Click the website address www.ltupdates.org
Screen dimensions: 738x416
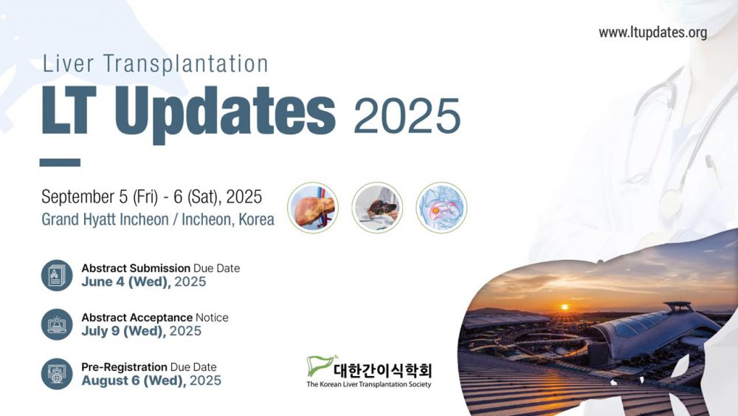point(653,33)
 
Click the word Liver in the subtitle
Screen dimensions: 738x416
point(68,64)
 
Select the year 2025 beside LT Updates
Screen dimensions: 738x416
point(407,116)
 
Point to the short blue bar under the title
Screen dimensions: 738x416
point(60,163)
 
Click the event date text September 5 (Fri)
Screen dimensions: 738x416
point(100,197)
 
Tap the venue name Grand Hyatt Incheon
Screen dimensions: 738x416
point(105,219)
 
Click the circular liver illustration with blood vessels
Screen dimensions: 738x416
point(313,208)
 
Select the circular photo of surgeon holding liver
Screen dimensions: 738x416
point(377,208)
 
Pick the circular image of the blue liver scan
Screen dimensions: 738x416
point(441,208)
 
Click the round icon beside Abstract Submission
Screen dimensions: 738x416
point(57,275)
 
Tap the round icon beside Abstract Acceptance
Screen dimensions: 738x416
point(57,324)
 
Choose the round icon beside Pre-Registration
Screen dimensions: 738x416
point(57,374)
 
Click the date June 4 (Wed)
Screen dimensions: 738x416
point(126,282)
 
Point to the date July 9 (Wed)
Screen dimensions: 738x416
point(124,331)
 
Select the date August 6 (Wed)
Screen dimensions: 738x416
point(134,381)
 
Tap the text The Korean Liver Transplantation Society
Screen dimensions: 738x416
point(369,384)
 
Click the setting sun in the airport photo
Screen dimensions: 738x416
point(565,307)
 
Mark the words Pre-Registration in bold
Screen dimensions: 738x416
point(124,367)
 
